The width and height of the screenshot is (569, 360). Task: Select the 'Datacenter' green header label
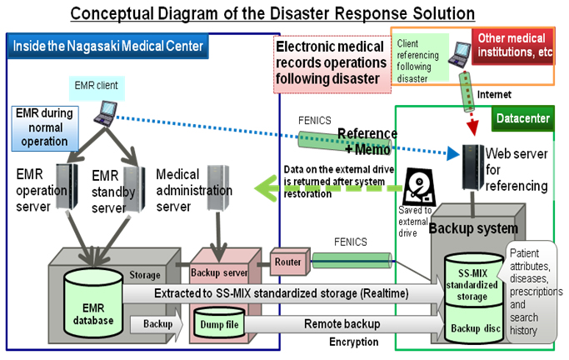point(522,119)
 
